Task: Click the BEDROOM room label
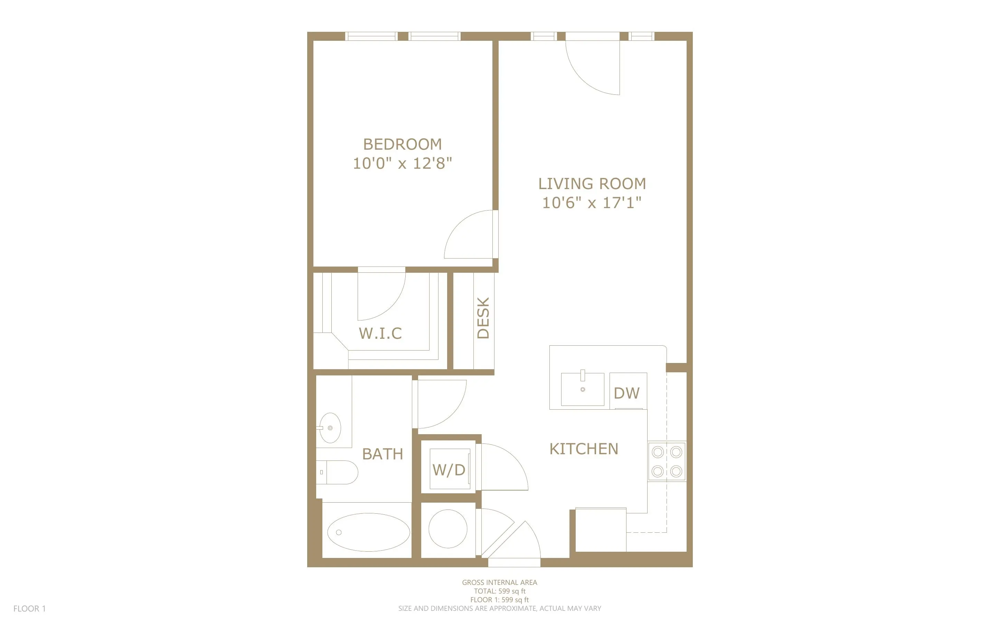point(402,144)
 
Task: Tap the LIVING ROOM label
point(592,184)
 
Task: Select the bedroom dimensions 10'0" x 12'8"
point(402,163)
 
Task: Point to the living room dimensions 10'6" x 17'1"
point(592,203)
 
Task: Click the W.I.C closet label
point(380,333)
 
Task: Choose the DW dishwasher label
point(626,393)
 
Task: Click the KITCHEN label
point(584,449)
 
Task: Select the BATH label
point(383,454)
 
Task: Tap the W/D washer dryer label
point(449,470)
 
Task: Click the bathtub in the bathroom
point(368,532)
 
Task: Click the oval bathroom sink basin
point(330,428)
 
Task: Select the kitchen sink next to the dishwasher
point(582,389)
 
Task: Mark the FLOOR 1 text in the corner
point(30,608)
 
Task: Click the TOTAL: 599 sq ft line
point(499,591)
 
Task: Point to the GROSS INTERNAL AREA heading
point(499,582)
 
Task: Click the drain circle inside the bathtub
point(339,532)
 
